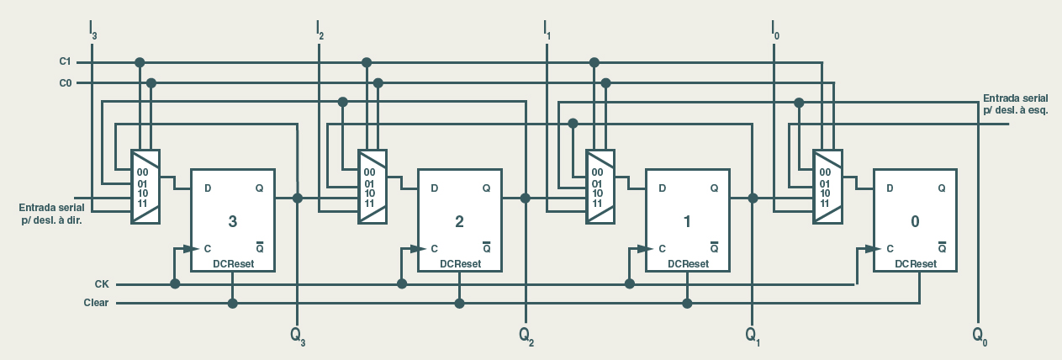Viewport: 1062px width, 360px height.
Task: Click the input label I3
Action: (x=93, y=30)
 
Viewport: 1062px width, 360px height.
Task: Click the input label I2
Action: (x=320, y=30)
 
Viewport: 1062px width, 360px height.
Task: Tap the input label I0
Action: (x=774, y=30)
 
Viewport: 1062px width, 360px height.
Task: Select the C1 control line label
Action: (x=65, y=62)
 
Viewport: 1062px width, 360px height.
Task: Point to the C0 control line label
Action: (x=65, y=82)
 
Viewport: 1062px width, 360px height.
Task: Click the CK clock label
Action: (x=102, y=284)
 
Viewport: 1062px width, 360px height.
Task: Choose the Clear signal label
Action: (x=96, y=303)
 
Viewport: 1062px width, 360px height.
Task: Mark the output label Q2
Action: (x=526, y=335)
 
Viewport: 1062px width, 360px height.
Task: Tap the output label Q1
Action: (x=753, y=335)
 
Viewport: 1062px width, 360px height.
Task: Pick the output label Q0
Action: (x=980, y=335)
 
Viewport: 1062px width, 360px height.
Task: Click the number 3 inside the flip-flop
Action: (x=233, y=222)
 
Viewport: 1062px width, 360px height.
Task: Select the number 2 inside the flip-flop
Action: (x=459, y=222)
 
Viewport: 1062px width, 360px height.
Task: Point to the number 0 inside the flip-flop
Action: (x=915, y=222)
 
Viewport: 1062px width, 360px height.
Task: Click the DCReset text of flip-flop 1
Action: (x=688, y=264)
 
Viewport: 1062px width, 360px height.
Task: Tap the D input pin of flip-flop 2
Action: (x=434, y=188)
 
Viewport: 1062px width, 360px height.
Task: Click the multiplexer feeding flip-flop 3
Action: (x=145, y=187)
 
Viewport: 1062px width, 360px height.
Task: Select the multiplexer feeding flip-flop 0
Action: (x=827, y=187)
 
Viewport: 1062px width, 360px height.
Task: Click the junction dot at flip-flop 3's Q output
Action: (x=298, y=199)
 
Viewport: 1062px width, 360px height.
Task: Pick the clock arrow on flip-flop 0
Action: (x=869, y=249)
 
